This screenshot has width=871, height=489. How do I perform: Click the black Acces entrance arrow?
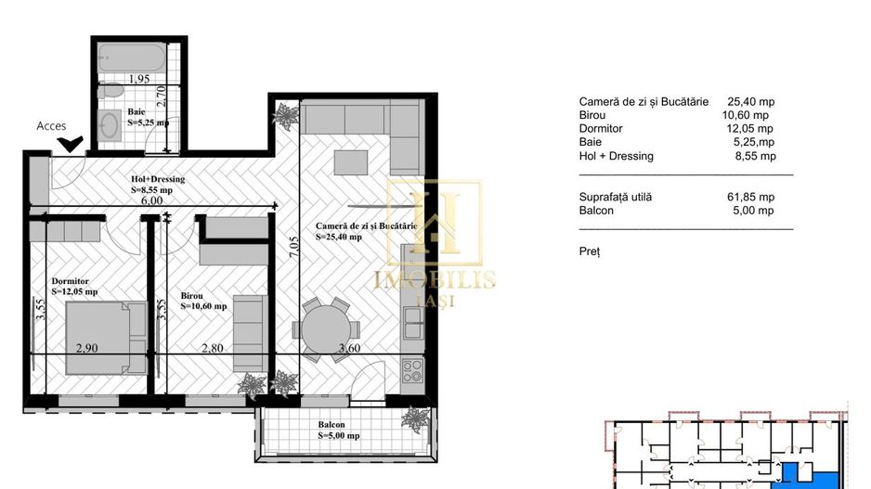(x=69, y=144)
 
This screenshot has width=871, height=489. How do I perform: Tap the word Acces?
(x=51, y=125)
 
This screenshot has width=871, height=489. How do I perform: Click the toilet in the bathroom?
(x=107, y=95)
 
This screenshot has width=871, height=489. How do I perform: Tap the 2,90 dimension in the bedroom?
(x=86, y=348)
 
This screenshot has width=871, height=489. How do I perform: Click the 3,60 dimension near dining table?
(x=350, y=348)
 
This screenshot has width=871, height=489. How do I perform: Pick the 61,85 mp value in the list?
(x=753, y=197)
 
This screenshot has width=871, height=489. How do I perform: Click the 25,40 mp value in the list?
(x=751, y=102)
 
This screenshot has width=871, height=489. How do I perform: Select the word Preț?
(x=590, y=251)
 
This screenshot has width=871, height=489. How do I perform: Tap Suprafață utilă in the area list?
(x=616, y=197)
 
